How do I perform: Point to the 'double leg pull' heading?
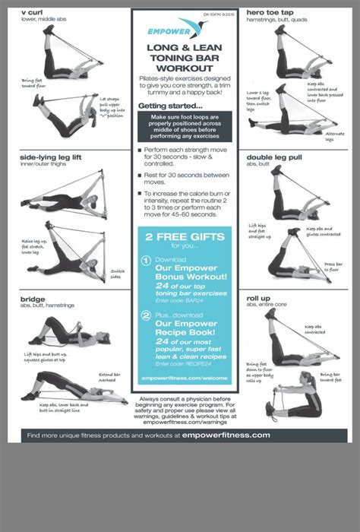[x=275, y=157]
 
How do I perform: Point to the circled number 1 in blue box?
[x=146, y=261]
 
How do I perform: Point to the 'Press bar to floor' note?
[x=332, y=268]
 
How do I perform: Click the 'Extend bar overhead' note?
[x=110, y=378]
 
